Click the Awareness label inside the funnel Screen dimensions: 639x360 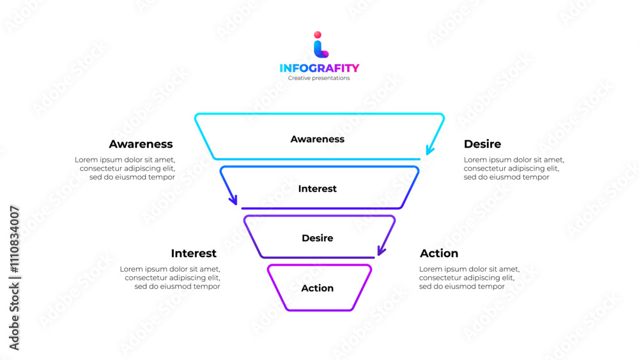317,139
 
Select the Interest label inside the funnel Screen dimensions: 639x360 317,189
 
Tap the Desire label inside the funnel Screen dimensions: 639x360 317,238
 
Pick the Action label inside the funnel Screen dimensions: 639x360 317,288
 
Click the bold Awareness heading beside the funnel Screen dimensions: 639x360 141,144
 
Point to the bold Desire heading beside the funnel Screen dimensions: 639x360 482,144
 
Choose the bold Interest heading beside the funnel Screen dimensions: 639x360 194,253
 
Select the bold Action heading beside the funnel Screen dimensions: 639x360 439,253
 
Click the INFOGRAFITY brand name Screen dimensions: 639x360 319,68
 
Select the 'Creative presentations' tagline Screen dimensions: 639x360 319,78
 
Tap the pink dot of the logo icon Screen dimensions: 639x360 318,35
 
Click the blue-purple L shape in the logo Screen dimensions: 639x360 321,50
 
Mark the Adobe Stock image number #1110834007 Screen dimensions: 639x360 14,240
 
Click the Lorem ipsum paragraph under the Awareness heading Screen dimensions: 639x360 125,168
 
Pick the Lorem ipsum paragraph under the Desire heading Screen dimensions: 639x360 514,168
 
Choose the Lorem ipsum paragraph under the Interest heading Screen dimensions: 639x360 170,278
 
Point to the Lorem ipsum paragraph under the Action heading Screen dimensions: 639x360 470,278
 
